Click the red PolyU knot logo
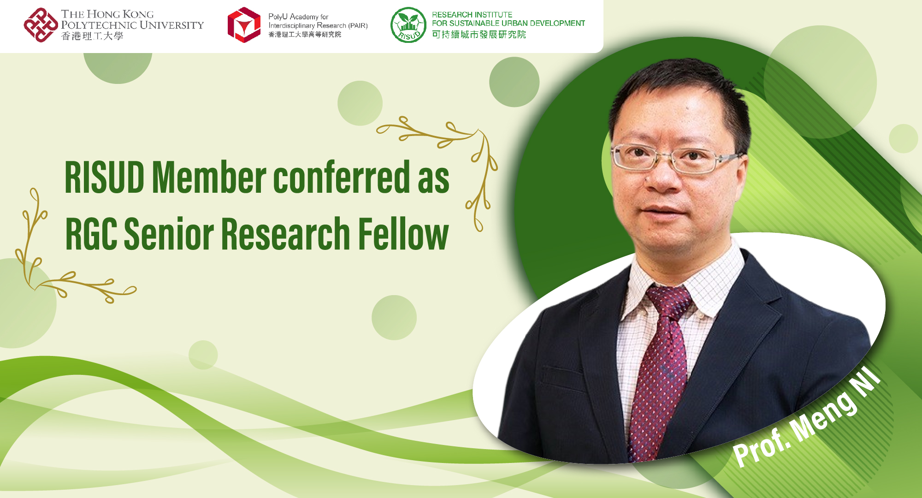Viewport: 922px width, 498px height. coord(41,25)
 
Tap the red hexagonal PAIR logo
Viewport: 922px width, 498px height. coord(244,25)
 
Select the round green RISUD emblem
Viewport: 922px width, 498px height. coord(408,25)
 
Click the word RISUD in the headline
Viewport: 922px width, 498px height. coord(105,178)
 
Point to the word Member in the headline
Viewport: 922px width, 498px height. coord(209,178)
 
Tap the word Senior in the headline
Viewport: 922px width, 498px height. coord(168,234)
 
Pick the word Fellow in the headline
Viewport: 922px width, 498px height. coord(403,234)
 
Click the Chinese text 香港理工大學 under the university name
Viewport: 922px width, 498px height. coord(92,36)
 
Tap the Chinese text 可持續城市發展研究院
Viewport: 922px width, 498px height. coord(479,35)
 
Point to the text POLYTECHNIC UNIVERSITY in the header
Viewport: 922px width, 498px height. coord(132,25)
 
